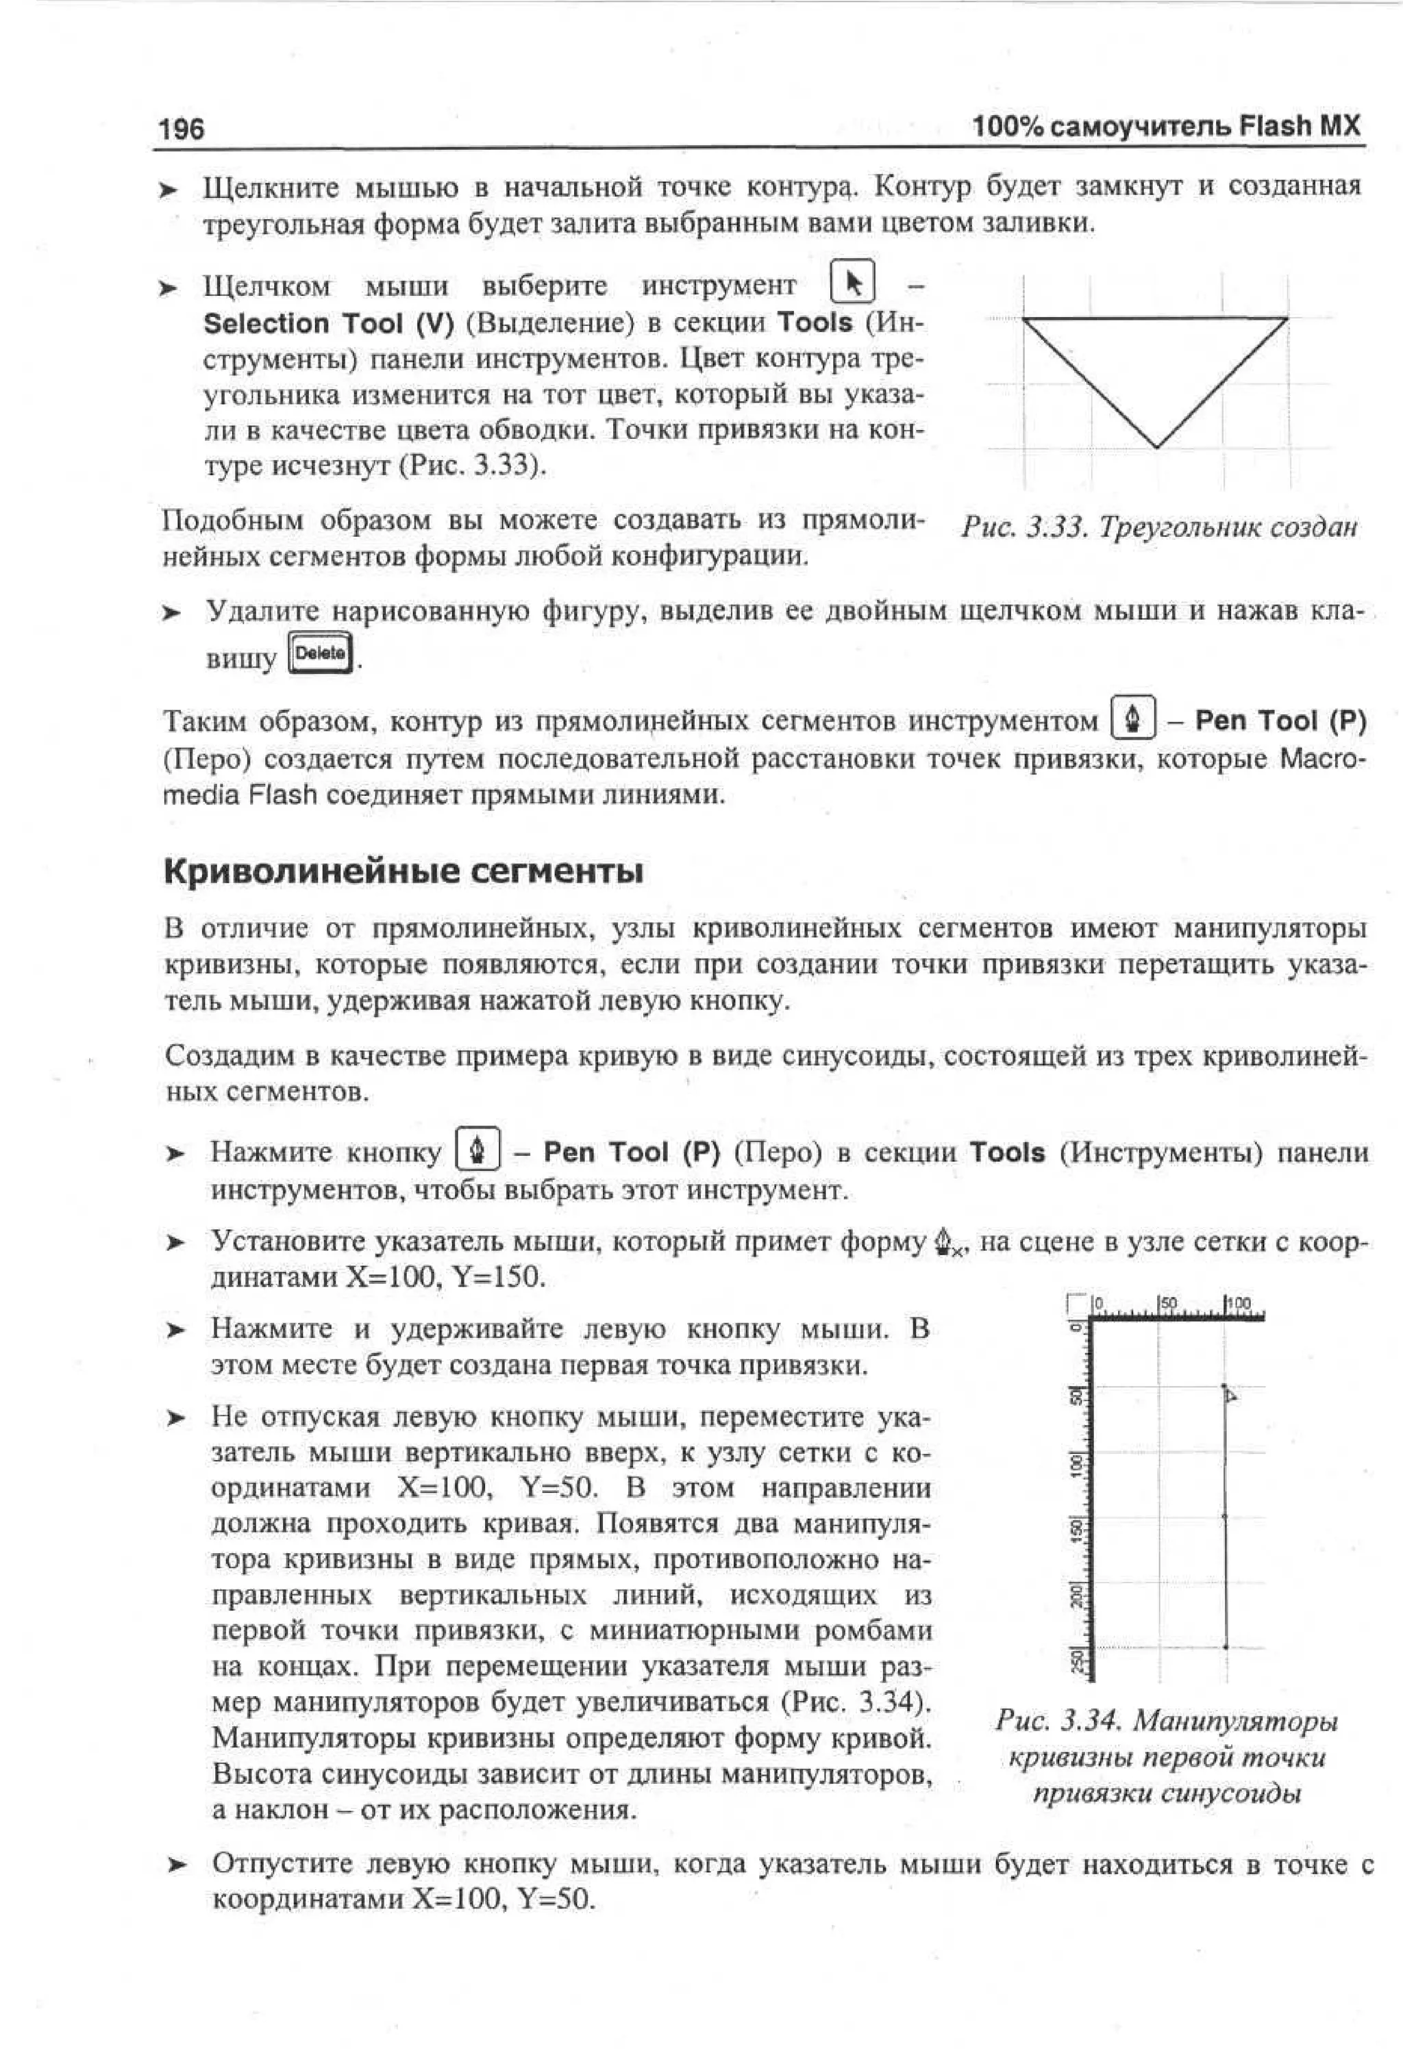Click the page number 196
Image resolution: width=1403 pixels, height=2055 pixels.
click(182, 129)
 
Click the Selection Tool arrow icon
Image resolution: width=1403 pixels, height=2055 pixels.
click(854, 284)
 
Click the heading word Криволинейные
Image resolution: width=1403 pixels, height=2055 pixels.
click(310, 872)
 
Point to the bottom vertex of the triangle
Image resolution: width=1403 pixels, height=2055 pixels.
click(1157, 446)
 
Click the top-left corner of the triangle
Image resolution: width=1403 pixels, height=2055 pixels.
click(1023, 318)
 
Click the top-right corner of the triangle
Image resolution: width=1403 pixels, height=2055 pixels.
click(1287, 318)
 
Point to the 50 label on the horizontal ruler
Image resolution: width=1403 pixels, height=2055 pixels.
click(1169, 1302)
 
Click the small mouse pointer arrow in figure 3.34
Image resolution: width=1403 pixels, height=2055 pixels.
click(1230, 1396)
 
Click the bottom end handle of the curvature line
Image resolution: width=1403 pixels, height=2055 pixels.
click(1225, 1646)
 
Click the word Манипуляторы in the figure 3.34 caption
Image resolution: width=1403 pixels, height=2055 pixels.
click(1235, 1721)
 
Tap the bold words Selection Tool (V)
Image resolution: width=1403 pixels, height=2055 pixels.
click(328, 324)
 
